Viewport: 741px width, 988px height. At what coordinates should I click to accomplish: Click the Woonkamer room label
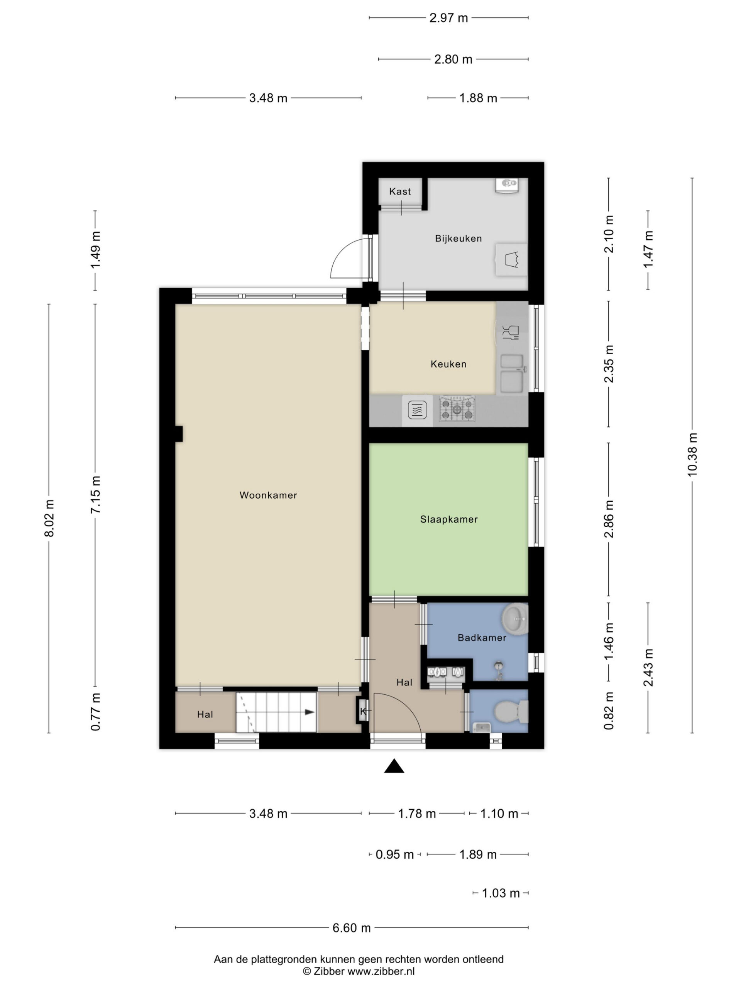click(268, 495)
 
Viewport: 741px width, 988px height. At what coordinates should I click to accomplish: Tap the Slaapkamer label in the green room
click(449, 519)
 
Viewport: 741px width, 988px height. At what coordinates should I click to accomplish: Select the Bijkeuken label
click(458, 239)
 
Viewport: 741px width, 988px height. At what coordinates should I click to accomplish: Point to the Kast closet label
click(400, 191)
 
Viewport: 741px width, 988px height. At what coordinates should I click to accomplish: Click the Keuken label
click(448, 364)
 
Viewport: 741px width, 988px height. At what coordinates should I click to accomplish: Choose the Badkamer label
click(482, 638)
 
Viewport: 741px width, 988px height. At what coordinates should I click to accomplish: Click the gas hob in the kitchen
click(457, 409)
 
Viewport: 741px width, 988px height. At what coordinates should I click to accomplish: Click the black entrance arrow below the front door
click(394, 766)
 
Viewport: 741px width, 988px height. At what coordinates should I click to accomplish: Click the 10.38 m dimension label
click(692, 454)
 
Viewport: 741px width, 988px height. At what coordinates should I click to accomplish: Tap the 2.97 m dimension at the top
click(448, 18)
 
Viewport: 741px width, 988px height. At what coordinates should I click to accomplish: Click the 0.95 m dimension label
click(394, 854)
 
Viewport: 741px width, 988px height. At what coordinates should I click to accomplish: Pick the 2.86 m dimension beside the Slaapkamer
click(608, 519)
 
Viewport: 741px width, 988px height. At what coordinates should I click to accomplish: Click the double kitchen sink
click(512, 374)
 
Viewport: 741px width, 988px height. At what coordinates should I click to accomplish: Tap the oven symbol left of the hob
click(417, 409)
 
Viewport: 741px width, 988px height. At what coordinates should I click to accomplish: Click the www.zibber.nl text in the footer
click(381, 971)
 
